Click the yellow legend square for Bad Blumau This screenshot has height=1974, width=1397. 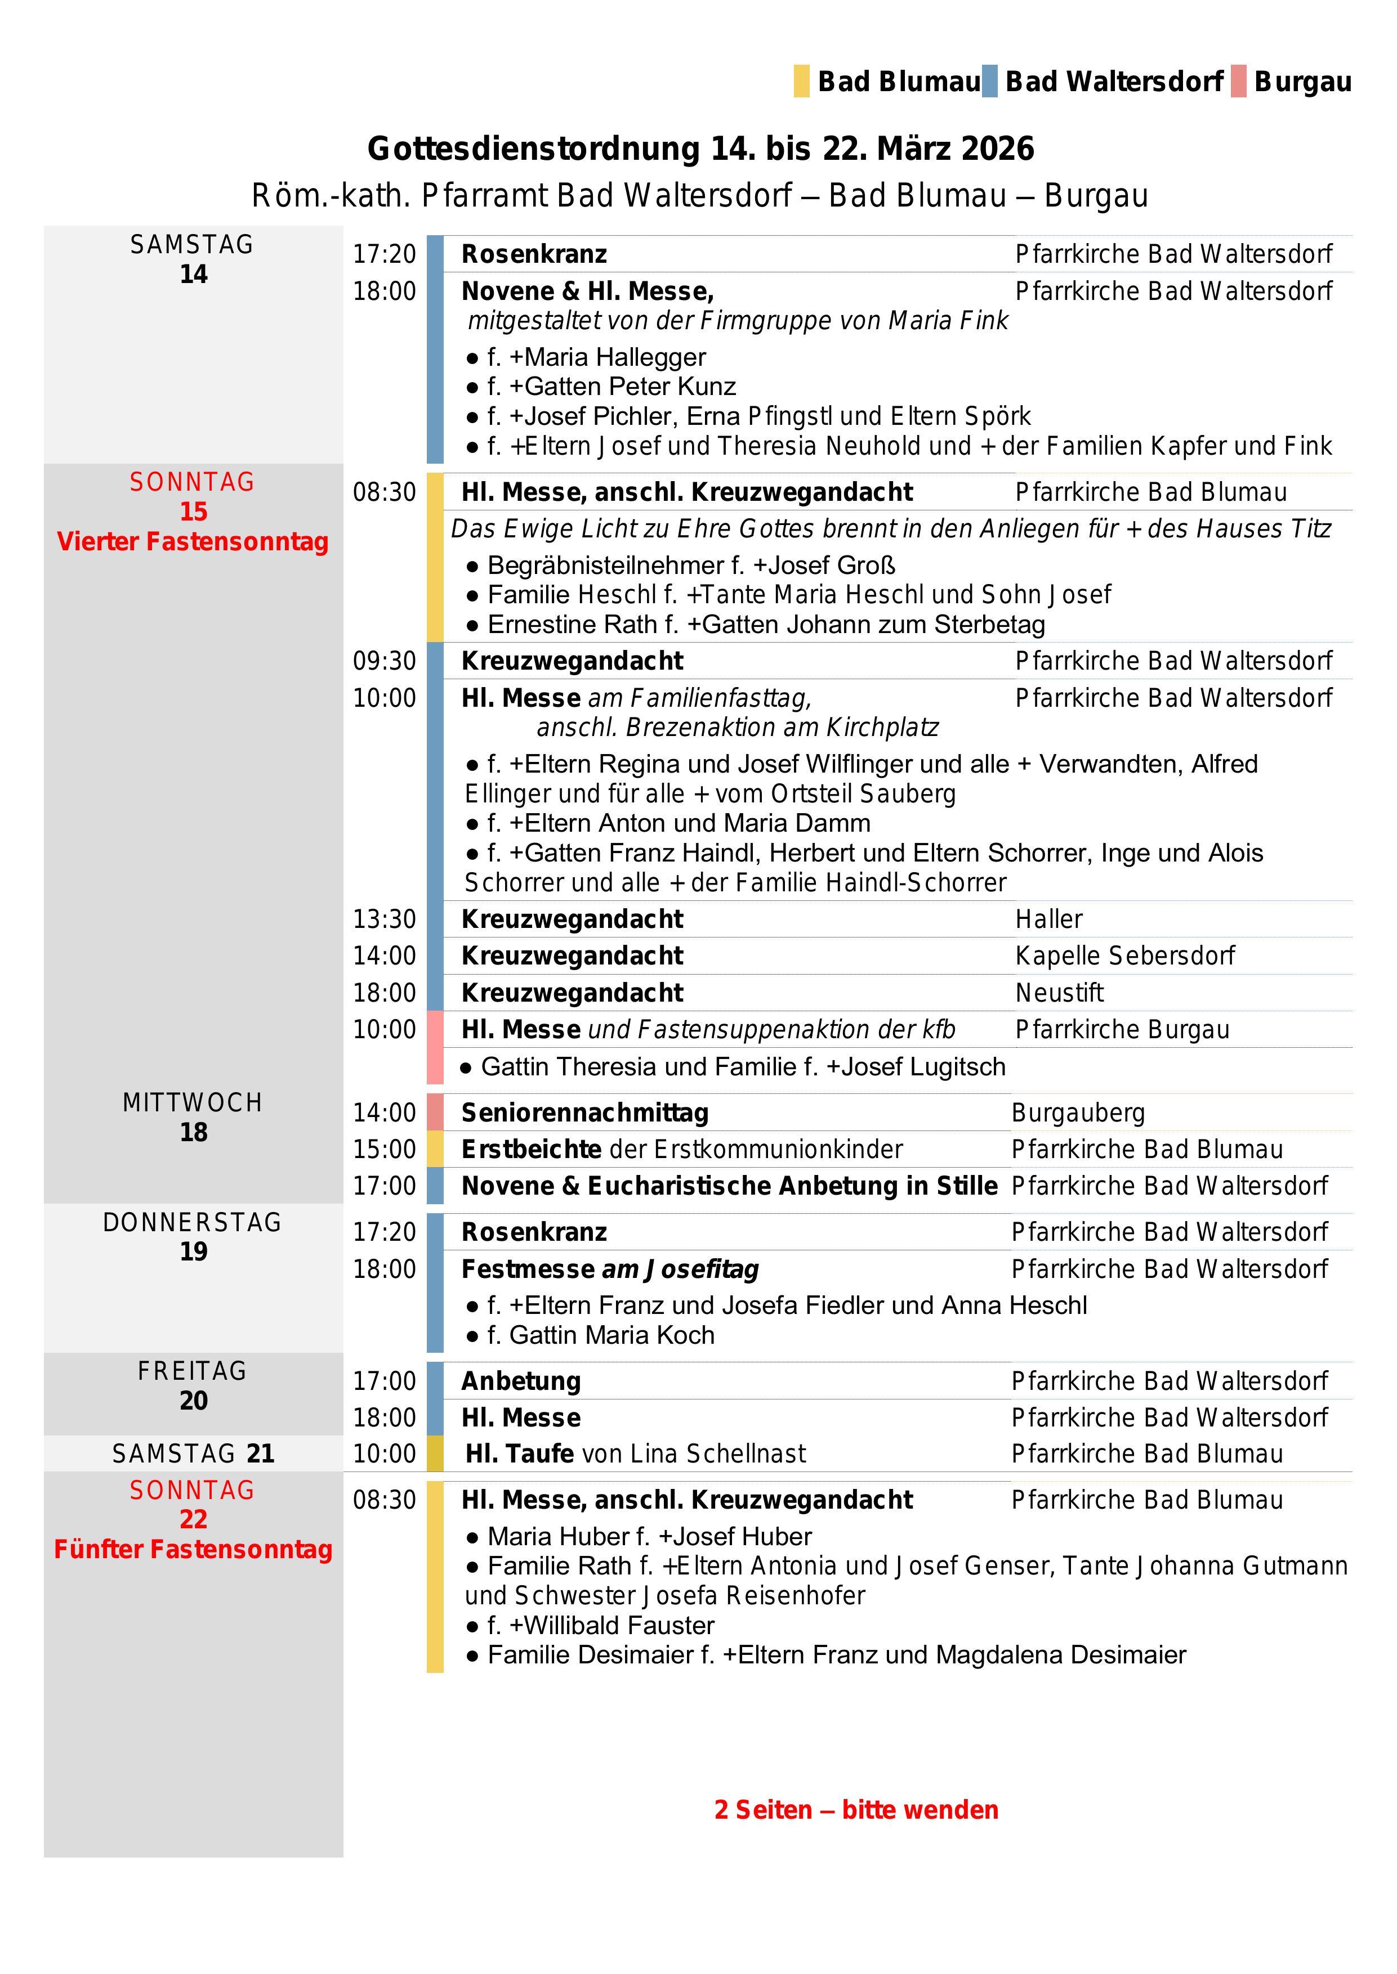(x=801, y=82)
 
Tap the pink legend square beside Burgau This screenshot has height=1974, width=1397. (x=1238, y=82)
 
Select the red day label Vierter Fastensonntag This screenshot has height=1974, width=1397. (x=193, y=542)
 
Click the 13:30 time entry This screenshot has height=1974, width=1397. (x=383, y=919)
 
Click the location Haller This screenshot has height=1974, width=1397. (x=1048, y=919)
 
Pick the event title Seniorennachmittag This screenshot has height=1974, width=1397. (x=585, y=1112)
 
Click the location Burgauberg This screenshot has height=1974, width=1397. (x=1078, y=1112)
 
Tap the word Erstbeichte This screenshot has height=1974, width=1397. (x=531, y=1150)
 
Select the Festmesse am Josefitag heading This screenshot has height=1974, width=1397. (x=610, y=1269)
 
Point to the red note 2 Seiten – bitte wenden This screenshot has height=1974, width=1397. (x=856, y=1810)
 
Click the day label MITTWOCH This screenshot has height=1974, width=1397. (x=193, y=1103)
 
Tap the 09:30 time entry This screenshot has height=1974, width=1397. (x=383, y=661)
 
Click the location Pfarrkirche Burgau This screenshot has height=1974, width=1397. (x=1122, y=1030)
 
